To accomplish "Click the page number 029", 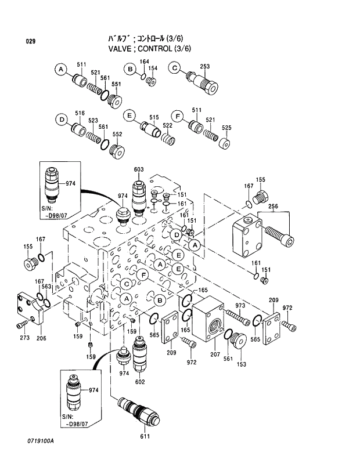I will coord(31,41).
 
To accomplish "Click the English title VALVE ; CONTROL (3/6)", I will coord(149,49).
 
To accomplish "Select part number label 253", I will coord(204,67).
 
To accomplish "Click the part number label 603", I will coord(138,169).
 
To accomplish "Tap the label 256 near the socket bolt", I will coord(273,206).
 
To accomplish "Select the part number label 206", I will coord(41,338).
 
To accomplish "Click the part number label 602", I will coord(140,382).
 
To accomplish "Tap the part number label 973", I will coord(240,305).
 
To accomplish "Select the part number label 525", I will coord(226,128).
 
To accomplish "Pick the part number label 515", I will coord(153,117).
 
